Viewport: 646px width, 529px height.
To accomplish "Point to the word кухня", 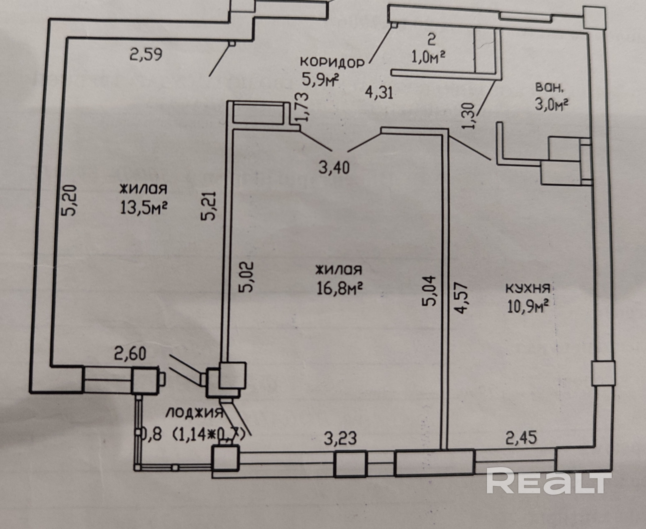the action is [528, 288].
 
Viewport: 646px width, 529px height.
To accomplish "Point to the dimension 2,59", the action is [146, 55].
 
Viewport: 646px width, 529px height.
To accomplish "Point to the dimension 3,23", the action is [340, 439].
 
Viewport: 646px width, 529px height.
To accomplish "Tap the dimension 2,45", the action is [521, 438].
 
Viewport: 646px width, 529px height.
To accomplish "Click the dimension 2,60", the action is [130, 354].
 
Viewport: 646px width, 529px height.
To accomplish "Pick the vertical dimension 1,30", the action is [469, 116].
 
